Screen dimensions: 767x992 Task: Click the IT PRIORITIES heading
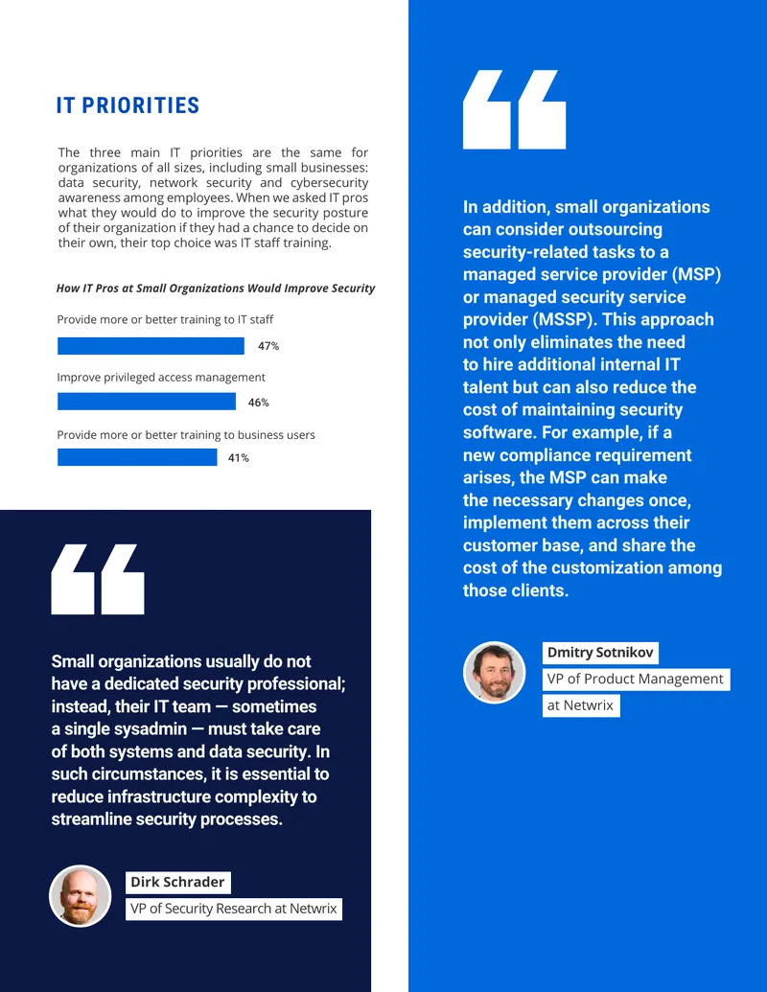point(128,105)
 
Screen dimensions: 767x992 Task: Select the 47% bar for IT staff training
point(151,345)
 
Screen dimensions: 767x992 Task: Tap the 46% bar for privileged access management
point(147,401)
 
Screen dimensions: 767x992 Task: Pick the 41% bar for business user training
point(137,457)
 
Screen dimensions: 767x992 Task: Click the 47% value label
point(268,346)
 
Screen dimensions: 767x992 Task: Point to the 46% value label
point(258,403)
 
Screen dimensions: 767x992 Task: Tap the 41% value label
point(239,458)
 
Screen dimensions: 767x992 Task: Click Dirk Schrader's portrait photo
point(81,896)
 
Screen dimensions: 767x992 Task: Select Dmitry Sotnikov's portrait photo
point(495,673)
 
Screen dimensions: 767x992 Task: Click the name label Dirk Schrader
point(177,882)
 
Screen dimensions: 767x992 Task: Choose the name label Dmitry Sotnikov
point(600,653)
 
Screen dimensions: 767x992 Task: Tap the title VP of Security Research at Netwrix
point(234,909)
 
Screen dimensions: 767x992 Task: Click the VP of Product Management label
point(636,679)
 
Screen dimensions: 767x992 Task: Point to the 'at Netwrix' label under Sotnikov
point(580,705)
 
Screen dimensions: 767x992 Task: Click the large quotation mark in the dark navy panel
point(98,579)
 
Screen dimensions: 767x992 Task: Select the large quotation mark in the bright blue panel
point(514,109)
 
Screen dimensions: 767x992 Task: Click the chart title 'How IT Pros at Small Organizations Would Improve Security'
point(216,288)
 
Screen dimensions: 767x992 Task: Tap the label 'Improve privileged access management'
point(161,377)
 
